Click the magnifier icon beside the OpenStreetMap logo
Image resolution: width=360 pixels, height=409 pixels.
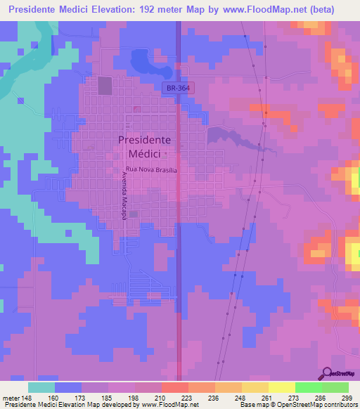click(x=328, y=372)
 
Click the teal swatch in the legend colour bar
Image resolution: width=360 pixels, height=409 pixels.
click(x=41, y=387)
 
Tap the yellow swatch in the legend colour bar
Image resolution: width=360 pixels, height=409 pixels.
click(x=281, y=387)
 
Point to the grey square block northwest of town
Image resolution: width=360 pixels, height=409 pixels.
click(x=105, y=86)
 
